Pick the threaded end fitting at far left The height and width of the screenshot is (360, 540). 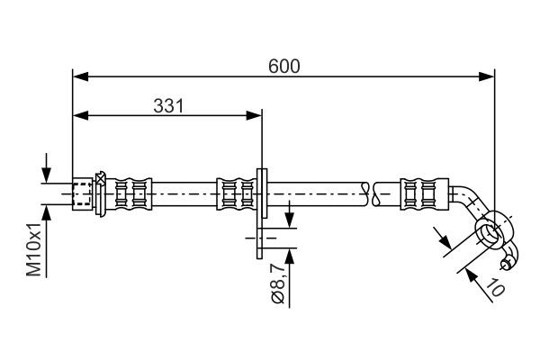[x=83, y=193]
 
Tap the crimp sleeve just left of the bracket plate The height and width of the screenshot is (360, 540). [x=236, y=193]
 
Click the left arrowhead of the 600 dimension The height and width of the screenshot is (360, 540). [x=78, y=76]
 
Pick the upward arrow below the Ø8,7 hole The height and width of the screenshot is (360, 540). [x=290, y=256]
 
